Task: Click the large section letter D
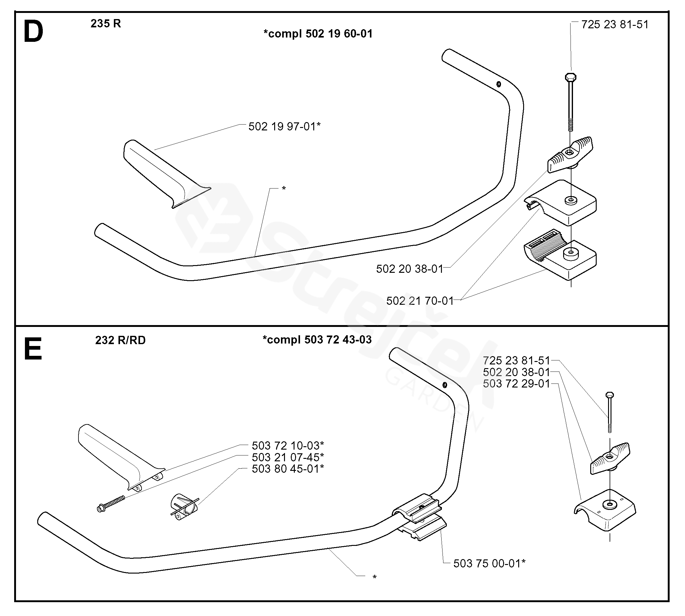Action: coord(33,31)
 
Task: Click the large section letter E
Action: coord(33,349)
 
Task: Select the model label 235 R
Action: coord(106,23)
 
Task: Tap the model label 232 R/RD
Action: coord(120,340)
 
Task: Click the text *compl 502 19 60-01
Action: coord(318,34)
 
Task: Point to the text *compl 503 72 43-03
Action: coord(317,340)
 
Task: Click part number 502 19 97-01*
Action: coord(284,127)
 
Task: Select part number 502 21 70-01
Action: coord(420,301)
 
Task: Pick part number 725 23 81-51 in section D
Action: coord(615,24)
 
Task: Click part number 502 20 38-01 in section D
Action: coord(410,269)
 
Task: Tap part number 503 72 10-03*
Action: coord(288,445)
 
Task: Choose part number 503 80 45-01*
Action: coord(288,469)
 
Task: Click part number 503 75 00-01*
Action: coord(489,563)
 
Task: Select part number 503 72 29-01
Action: coord(516,384)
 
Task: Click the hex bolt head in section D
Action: coord(571,77)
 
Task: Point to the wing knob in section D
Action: coord(571,154)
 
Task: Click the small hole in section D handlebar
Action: coord(499,84)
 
